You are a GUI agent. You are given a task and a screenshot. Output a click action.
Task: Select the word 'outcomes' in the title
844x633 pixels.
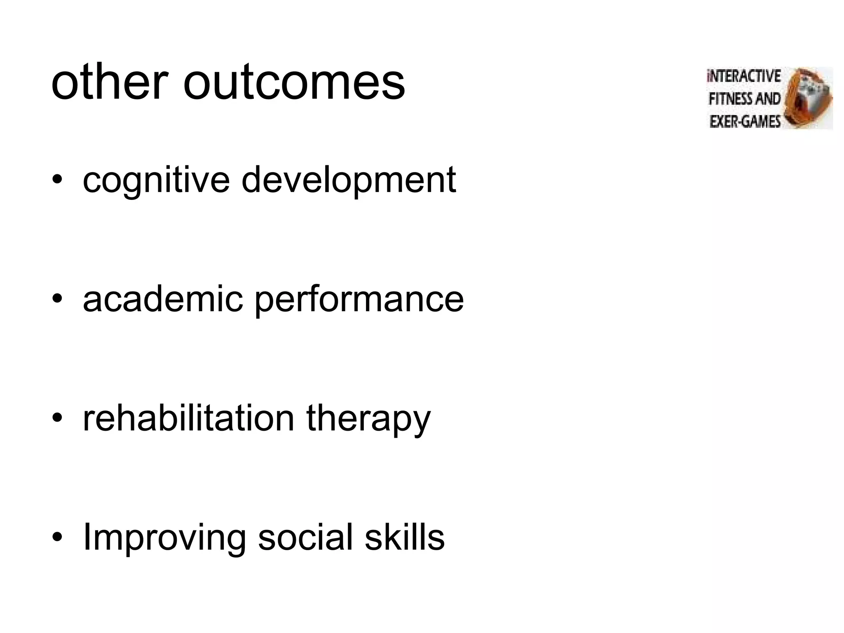point(294,84)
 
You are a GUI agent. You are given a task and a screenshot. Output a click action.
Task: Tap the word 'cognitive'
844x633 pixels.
point(156,181)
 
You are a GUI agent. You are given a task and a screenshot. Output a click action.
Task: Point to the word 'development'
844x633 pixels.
point(349,181)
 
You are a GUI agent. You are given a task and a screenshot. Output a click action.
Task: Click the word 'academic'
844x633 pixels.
point(163,299)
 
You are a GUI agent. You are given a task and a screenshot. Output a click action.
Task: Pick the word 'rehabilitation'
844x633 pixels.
point(188,418)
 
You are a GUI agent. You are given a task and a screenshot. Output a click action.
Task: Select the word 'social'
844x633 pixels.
point(305,537)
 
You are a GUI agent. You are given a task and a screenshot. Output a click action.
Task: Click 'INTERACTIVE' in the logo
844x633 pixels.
point(744,77)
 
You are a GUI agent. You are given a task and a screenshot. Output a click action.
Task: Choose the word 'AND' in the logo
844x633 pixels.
point(767,99)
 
